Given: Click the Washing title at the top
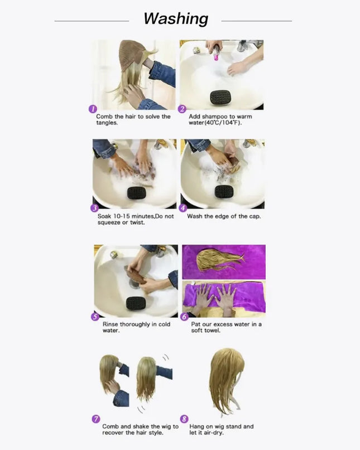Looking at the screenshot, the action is click(176, 19).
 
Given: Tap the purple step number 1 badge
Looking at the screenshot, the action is click(93, 109).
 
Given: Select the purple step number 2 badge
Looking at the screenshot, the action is click(182, 109).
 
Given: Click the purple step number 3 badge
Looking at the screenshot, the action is click(94, 208).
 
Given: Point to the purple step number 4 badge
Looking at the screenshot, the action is click(183, 208).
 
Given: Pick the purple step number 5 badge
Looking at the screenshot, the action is click(95, 317).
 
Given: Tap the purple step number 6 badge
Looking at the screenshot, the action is click(184, 317).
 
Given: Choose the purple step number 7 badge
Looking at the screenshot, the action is click(95, 419).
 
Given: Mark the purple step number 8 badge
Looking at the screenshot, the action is click(184, 419).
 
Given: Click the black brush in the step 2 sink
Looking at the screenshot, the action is click(220, 98).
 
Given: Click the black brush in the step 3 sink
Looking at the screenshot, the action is click(137, 193).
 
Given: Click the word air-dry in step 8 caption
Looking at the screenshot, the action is click(213, 433).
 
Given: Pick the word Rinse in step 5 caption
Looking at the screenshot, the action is click(111, 325).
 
